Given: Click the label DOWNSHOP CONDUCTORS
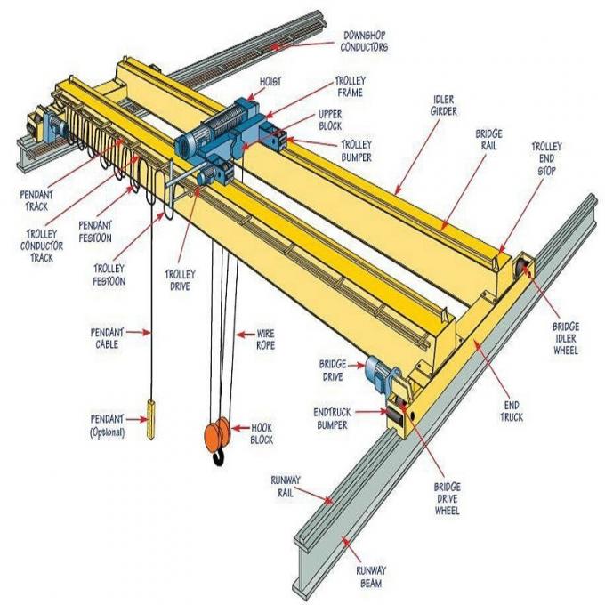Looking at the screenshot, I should point(365,41).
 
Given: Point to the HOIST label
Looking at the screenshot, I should point(270,81).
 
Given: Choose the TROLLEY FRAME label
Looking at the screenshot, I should point(350,85).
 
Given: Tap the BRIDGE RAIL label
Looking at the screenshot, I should point(489,138).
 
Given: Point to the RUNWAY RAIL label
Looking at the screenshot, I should point(285,486).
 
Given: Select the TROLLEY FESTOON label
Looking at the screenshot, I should point(109,275).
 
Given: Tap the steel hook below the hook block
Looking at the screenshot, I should point(217,459).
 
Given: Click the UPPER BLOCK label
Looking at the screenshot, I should point(330,120).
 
